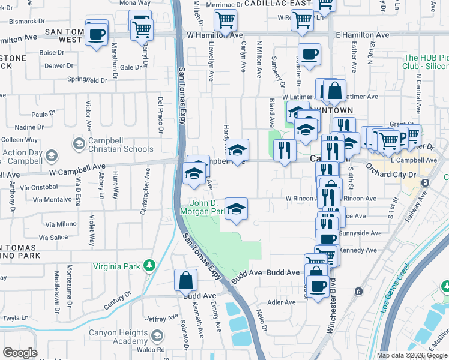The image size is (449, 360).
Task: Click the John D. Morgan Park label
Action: tap(207, 207)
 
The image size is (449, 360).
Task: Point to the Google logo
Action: tap(20, 353)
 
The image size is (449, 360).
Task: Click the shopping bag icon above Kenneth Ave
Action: tap(186, 280)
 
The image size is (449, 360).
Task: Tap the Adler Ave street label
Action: tap(282, 302)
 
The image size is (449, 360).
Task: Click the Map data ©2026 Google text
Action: tap(412, 355)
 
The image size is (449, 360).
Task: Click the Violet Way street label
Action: tap(91, 231)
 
